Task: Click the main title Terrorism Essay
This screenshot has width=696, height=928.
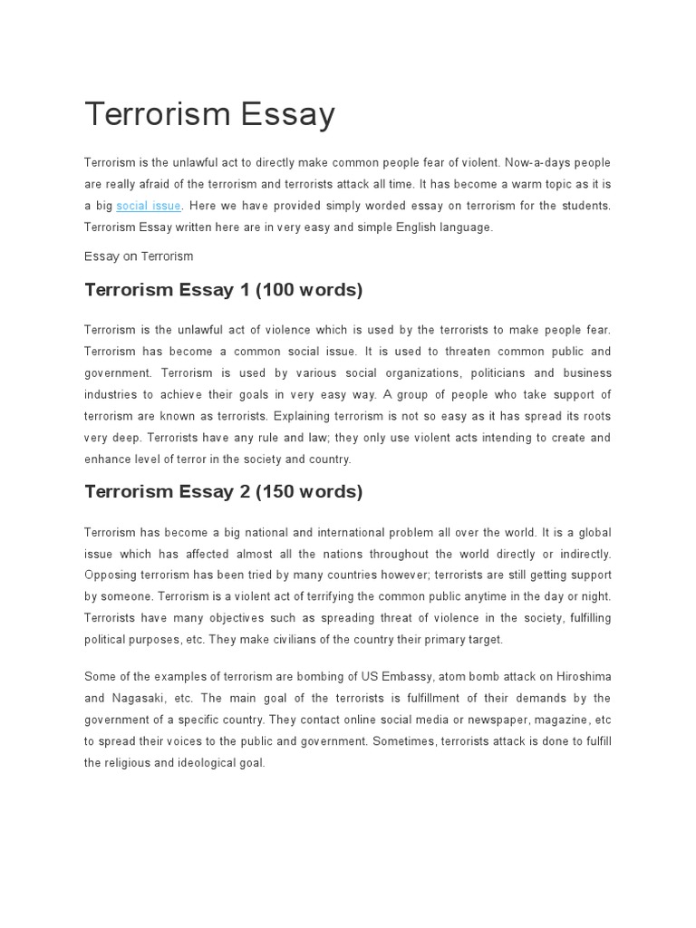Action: (x=209, y=114)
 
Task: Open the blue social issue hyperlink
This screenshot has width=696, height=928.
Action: (x=149, y=207)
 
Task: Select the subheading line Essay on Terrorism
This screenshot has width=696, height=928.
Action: (x=139, y=256)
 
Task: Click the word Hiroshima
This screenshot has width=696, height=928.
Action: (x=580, y=676)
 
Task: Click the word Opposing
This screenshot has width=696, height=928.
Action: (x=110, y=575)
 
